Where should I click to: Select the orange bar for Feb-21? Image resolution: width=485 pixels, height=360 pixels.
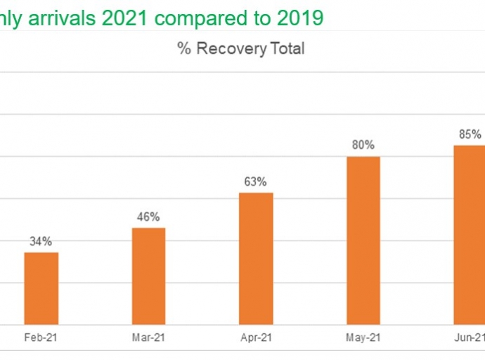pyautogui.click(x=41, y=288)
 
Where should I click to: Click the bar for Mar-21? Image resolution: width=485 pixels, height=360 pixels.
pyautogui.click(x=148, y=276)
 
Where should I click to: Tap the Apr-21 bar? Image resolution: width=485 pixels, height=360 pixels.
pyautogui.click(x=256, y=258)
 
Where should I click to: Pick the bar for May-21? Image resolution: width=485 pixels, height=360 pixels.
pyautogui.click(x=363, y=240)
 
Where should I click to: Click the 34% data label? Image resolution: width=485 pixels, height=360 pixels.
pyautogui.click(x=41, y=241)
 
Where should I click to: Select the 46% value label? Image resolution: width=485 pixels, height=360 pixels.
pyautogui.click(x=148, y=217)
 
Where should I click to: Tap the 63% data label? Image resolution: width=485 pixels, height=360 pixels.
pyautogui.click(x=256, y=181)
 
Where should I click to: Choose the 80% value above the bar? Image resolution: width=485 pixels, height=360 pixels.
pyautogui.click(x=363, y=146)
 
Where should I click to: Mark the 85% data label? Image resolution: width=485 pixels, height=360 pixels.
pyautogui.click(x=470, y=134)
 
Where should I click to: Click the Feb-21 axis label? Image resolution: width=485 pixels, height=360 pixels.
pyautogui.click(x=41, y=337)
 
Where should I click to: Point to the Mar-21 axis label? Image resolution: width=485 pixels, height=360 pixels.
pyautogui.click(x=148, y=337)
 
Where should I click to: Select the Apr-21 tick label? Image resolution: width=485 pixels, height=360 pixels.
pyautogui.click(x=256, y=337)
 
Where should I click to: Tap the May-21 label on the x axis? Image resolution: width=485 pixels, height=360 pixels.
pyautogui.click(x=363, y=337)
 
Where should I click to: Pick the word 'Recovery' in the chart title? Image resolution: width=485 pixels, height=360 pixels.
pyautogui.click(x=231, y=49)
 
